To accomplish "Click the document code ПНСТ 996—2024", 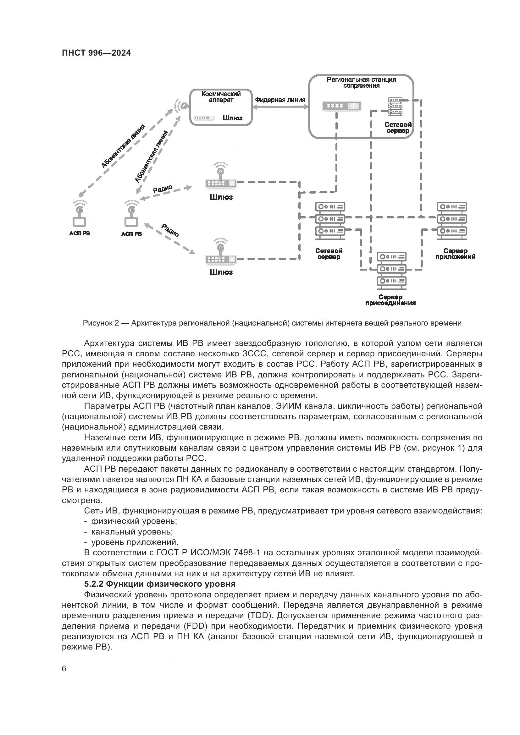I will click(x=97, y=53).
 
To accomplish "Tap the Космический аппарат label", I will click(x=221, y=97).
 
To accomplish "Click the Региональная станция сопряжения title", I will click(x=361, y=82).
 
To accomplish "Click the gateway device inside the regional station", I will click(x=342, y=106).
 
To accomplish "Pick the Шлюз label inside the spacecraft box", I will click(x=232, y=118).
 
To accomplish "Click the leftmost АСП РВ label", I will click(x=80, y=233).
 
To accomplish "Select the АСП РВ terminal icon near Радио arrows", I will click(x=131, y=216).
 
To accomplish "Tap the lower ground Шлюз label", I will click(x=221, y=272).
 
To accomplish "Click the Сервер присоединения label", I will click(x=390, y=300).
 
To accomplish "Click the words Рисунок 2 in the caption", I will click(x=101, y=323).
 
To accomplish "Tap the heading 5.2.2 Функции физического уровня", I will click(x=160, y=584).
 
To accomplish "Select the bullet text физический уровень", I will click(x=134, y=521).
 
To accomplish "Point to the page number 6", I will click(x=64, y=669).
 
